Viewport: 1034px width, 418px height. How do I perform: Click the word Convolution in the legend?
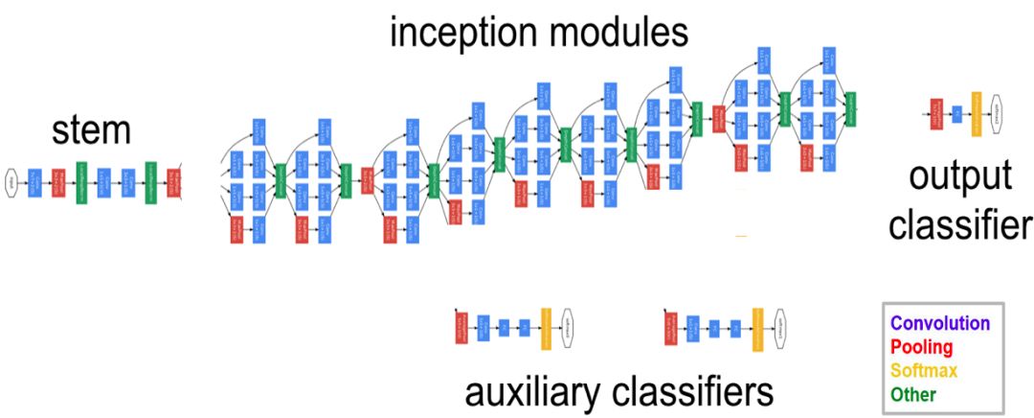[939, 323]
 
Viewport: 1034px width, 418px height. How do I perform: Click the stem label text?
[91, 131]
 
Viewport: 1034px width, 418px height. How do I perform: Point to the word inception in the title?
[458, 33]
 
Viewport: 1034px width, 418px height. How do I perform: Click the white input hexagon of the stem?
[11, 181]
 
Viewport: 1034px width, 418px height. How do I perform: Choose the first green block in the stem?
[82, 181]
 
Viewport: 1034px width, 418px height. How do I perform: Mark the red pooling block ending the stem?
[173, 181]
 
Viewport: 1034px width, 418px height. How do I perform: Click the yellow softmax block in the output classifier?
[977, 114]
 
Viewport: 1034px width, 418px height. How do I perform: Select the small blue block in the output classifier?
[956, 114]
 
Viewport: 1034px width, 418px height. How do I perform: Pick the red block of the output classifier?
[936, 114]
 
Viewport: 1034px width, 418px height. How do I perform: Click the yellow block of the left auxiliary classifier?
[546, 326]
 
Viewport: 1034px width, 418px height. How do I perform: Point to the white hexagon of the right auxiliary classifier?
[779, 326]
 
